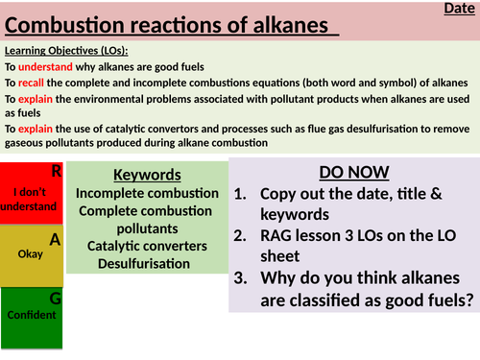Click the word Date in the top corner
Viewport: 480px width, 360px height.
pos(457,9)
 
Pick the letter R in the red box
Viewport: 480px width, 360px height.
pos(56,171)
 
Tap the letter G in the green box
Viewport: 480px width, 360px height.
pos(55,299)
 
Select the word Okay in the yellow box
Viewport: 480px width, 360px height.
pos(30,255)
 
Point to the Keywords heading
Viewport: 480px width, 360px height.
pos(147,176)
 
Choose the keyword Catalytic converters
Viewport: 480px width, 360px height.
pos(147,246)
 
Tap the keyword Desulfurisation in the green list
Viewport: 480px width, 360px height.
pos(147,263)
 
